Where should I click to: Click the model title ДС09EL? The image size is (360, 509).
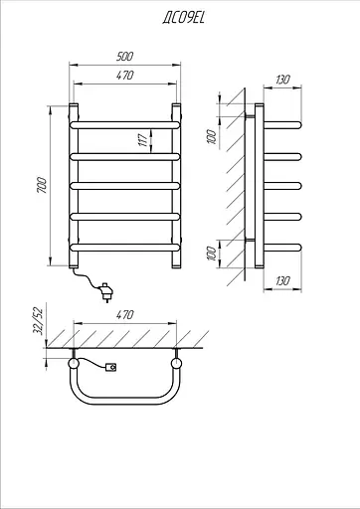(184, 18)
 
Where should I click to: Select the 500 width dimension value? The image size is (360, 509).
(124, 57)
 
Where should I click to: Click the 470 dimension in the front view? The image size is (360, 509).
(124, 76)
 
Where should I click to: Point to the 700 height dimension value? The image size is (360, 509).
(42, 186)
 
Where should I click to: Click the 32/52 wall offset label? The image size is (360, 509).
(39, 321)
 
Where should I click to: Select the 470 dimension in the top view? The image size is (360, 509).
(124, 314)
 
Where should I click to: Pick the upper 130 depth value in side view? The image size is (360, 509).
(282, 80)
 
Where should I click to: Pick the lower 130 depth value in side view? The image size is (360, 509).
(282, 281)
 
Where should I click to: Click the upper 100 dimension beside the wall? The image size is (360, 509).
(211, 137)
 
